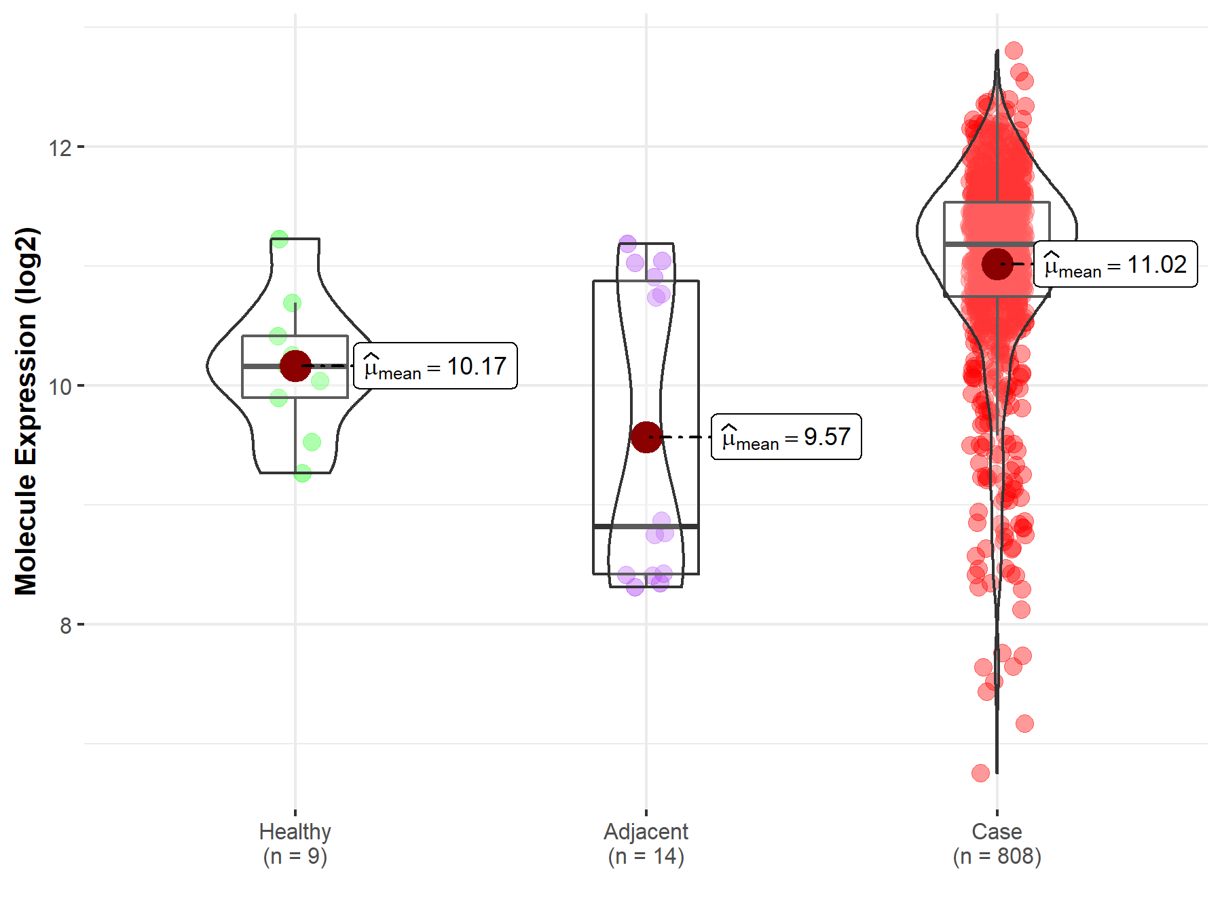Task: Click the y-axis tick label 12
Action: (x=60, y=147)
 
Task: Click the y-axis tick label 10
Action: (x=60, y=387)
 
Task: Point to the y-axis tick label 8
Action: (x=65, y=626)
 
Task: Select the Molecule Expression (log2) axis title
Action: (x=26, y=411)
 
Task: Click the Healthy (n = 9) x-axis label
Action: (x=295, y=843)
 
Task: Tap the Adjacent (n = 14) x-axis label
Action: (x=646, y=843)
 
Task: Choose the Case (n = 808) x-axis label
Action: (x=997, y=843)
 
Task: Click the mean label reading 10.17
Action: (x=435, y=366)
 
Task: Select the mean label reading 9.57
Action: (x=786, y=437)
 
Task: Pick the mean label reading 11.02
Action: (x=1115, y=265)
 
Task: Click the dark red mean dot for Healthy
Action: (x=295, y=366)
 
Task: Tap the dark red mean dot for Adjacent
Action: (x=646, y=437)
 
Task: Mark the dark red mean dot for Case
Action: (x=997, y=264)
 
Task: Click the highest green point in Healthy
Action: (x=279, y=239)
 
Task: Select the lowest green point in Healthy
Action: (x=303, y=473)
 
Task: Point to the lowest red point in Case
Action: (x=980, y=773)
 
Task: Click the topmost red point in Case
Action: (x=1014, y=50)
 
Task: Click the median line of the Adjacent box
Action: (x=646, y=527)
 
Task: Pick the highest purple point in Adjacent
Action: (x=627, y=244)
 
